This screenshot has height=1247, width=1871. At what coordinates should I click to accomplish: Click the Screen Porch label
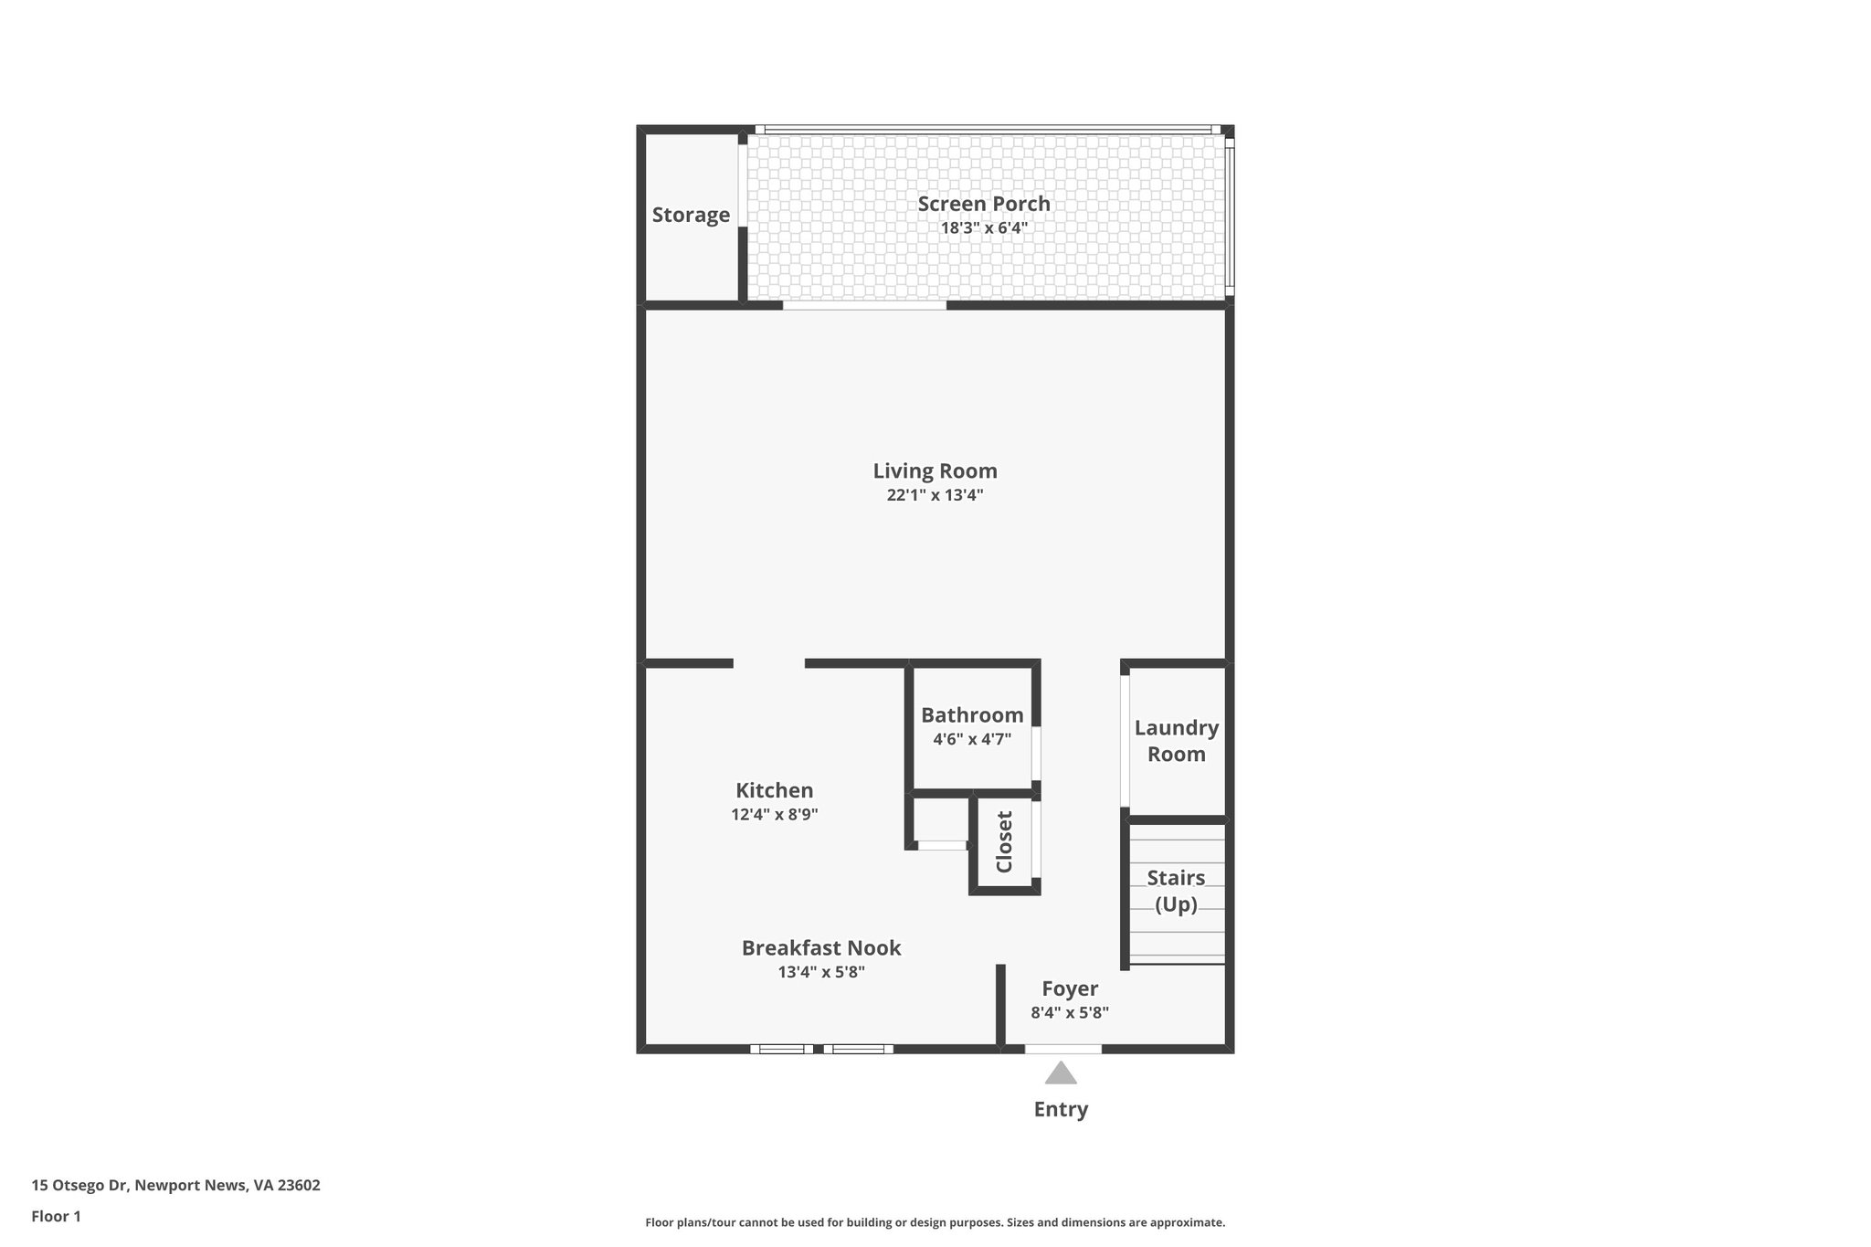(x=984, y=204)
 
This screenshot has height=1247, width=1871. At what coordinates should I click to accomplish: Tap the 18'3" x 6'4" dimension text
(x=984, y=228)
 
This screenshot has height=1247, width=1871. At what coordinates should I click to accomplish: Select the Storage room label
(x=691, y=215)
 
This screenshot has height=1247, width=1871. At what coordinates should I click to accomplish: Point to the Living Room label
(x=935, y=471)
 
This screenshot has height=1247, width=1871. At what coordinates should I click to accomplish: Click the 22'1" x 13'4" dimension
(x=935, y=495)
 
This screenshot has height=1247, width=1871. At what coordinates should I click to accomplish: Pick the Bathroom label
(x=972, y=715)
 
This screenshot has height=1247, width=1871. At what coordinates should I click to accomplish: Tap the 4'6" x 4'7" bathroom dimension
(x=972, y=739)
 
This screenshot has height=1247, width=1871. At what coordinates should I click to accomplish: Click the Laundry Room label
(x=1176, y=741)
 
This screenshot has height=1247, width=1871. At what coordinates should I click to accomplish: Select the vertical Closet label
(x=1004, y=842)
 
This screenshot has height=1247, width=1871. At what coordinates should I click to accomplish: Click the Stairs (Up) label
(x=1176, y=891)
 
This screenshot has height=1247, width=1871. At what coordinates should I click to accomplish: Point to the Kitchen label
(x=774, y=790)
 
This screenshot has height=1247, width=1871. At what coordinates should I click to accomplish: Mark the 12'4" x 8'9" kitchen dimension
(x=774, y=814)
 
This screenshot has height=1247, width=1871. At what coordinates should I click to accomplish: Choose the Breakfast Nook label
(x=821, y=948)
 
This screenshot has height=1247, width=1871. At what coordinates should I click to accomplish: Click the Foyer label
(x=1070, y=988)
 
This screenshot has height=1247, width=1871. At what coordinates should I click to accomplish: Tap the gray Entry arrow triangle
(x=1061, y=1074)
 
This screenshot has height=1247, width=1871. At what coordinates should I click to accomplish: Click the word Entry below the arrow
(x=1061, y=1110)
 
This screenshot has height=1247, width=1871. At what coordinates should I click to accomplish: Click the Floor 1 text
(x=56, y=1217)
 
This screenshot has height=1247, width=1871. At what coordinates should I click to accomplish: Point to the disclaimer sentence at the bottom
(x=935, y=1222)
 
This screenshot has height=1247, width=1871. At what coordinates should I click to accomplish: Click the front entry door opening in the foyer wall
(x=1062, y=1049)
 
